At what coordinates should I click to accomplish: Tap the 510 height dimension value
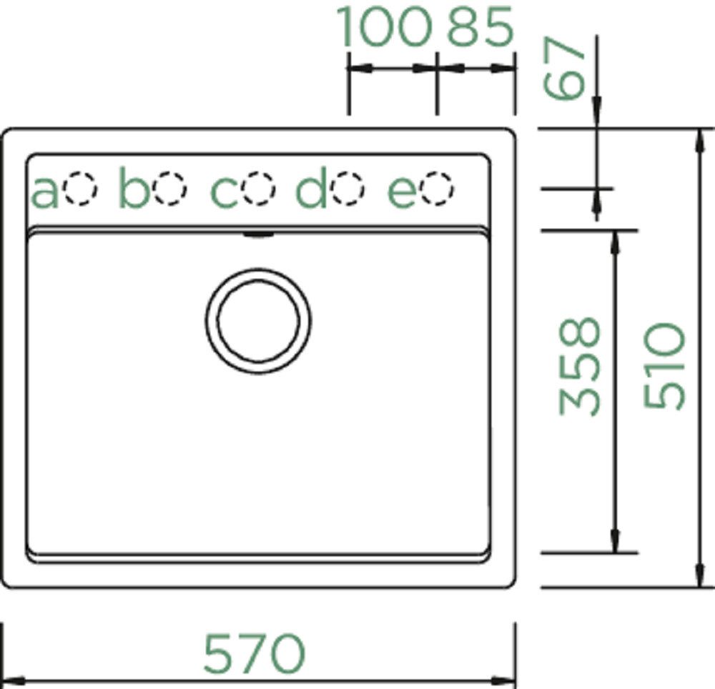(664, 367)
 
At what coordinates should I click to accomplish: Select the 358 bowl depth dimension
(580, 367)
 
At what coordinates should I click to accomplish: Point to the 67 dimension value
(564, 68)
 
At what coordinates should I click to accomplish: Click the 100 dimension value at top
(385, 28)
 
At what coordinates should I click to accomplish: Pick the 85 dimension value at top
(480, 28)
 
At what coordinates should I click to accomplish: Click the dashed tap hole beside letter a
(80, 189)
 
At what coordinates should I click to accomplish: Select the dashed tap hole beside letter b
(171, 188)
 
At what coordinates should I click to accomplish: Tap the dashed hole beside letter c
(259, 188)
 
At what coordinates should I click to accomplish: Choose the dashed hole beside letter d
(349, 188)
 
